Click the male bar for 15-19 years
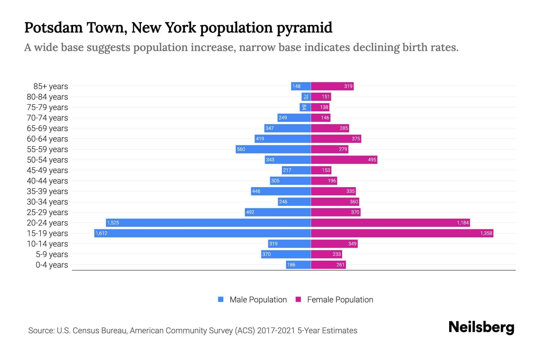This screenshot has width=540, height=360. (x=202, y=233)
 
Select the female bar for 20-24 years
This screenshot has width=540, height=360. (x=390, y=223)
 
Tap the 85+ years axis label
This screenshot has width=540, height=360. (x=50, y=86)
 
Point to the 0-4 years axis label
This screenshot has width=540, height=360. (x=52, y=265)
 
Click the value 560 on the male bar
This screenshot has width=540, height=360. (x=241, y=149)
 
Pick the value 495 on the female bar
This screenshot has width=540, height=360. (x=372, y=160)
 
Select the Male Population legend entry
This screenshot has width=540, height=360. (x=258, y=300)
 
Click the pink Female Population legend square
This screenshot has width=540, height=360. (x=298, y=299)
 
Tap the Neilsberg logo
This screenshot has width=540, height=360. (x=481, y=327)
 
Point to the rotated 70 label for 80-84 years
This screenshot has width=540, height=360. (x=305, y=97)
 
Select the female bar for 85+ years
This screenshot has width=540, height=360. (x=332, y=86)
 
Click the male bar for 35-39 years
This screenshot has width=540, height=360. (x=281, y=191)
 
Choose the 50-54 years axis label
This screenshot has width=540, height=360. (x=47, y=160)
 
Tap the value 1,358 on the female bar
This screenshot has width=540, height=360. (x=486, y=233)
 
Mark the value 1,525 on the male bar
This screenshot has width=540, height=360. (x=113, y=223)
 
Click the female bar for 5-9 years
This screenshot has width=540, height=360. (x=326, y=254)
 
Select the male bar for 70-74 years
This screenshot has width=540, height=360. (x=294, y=118)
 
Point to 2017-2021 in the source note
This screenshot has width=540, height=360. (x=276, y=331)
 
